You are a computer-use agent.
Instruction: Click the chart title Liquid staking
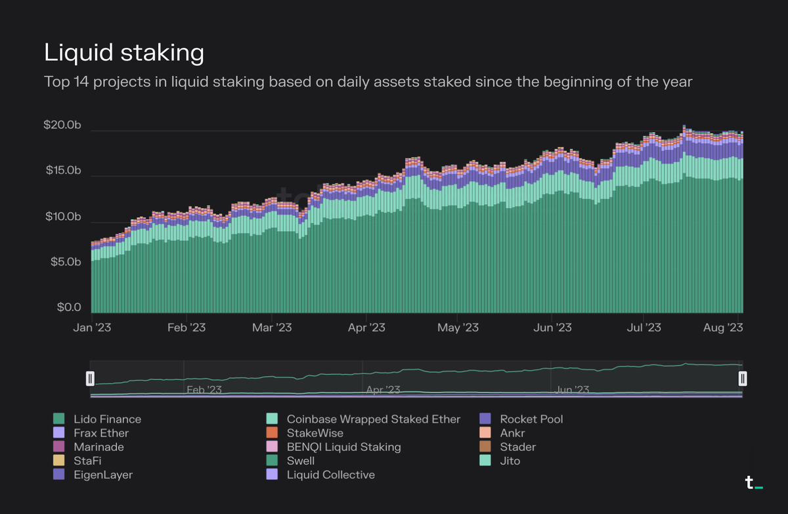[123, 53]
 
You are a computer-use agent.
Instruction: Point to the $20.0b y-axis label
[63, 125]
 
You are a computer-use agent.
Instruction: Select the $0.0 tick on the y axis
[68, 307]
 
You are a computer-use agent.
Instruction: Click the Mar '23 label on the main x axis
[272, 327]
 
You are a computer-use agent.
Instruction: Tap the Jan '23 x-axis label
[92, 327]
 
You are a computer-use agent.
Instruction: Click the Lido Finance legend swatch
[58, 419]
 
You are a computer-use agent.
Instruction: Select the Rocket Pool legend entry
[531, 419]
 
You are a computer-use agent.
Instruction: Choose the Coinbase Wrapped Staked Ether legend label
[374, 419]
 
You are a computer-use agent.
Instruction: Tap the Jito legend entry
[510, 461]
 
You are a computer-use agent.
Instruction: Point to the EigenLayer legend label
[102, 475]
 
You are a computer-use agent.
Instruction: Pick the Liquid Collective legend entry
[331, 475]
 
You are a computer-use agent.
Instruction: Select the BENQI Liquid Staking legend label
[343, 447]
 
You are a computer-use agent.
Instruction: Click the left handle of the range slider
[91, 378]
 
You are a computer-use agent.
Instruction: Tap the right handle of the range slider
[743, 378]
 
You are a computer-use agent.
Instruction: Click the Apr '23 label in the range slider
[383, 390]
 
